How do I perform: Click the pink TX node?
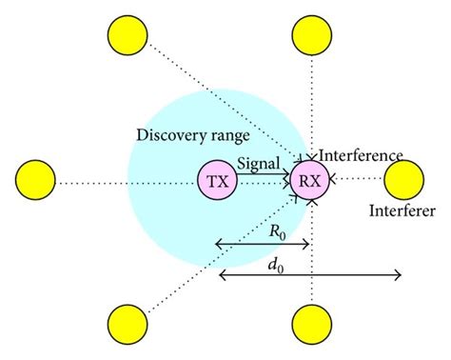[217, 181]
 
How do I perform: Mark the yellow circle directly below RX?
[310, 326]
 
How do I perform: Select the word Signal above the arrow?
[258, 163]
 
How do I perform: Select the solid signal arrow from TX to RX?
[263, 177]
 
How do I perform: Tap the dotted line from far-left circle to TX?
[124, 181]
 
